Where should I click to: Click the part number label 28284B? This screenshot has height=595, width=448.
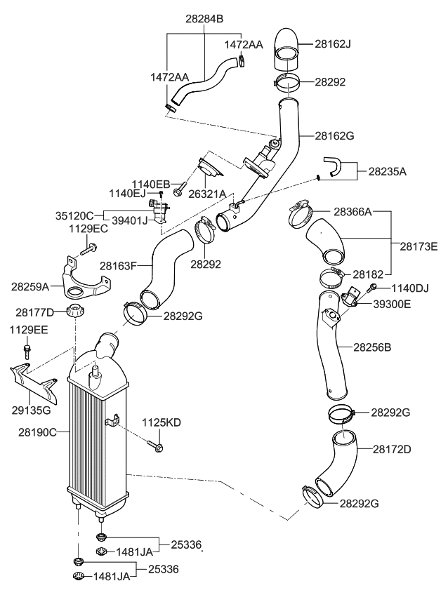coord(204,19)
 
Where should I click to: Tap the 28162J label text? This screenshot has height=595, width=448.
coord(332,44)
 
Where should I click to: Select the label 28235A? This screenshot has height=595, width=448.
coord(388,171)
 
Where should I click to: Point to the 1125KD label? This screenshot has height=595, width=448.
coord(162,422)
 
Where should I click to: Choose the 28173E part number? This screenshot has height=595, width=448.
coord(419,246)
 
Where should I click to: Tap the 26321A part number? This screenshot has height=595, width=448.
coord(207,194)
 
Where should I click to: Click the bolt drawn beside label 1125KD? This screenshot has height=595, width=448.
coord(155,445)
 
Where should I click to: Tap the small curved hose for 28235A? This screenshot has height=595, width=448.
coord(336,166)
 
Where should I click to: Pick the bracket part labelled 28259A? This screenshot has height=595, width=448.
coord(84,283)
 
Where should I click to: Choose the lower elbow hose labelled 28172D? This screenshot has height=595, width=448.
coord(335,464)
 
